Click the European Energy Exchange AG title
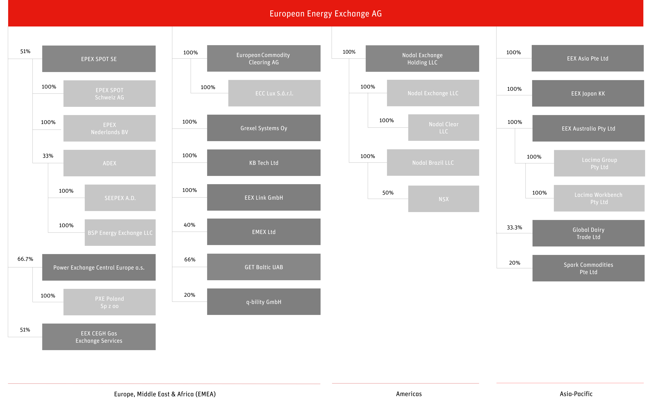326,14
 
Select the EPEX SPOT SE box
99,59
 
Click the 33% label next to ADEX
48,156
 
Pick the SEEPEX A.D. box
120,198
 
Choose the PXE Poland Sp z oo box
109,302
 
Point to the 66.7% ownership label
25,259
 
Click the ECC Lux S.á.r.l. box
274,93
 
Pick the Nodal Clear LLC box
444,128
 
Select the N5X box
444,199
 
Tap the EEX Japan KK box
588,93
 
